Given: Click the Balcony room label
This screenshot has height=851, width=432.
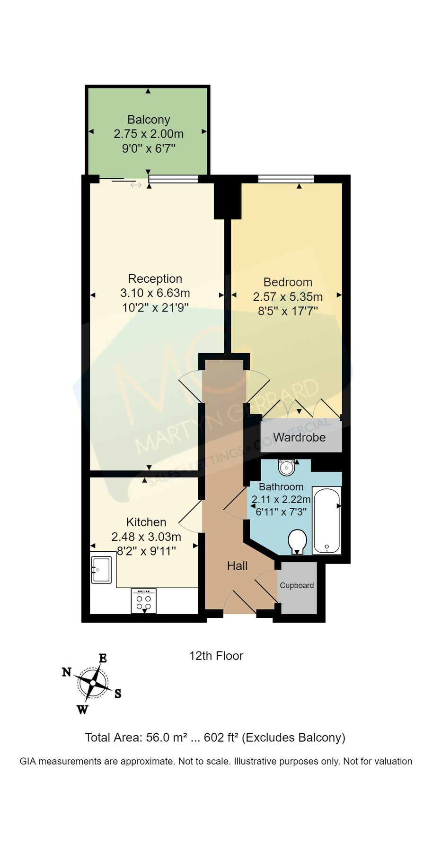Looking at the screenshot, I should [x=149, y=120].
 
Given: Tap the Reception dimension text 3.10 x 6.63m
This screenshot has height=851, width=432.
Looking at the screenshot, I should [x=155, y=293].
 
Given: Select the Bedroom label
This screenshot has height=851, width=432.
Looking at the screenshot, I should [x=288, y=282].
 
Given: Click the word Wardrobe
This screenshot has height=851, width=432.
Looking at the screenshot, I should [x=299, y=437].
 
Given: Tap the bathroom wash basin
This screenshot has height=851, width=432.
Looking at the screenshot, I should [x=286, y=467].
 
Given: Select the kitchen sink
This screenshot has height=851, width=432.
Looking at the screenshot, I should [x=101, y=569].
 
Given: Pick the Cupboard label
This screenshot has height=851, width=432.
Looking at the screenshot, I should [x=297, y=585].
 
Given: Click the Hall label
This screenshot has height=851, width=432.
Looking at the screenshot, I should [x=237, y=566].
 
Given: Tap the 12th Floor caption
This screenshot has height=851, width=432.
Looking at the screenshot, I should [x=216, y=656].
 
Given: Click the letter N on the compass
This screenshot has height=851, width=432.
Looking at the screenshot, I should [x=67, y=672].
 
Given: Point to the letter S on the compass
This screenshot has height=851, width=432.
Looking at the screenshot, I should [x=118, y=694].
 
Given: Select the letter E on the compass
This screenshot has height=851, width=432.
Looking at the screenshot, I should [x=103, y=658].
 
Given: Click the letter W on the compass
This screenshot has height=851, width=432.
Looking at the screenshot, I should [x=82, y=710].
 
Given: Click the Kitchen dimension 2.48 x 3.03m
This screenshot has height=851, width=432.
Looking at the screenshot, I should [x=146, y=537].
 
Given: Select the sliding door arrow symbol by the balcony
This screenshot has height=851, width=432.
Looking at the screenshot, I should [x=136, y=185].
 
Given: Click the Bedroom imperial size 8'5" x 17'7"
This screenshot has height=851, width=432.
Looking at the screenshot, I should [x=288, y=311].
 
